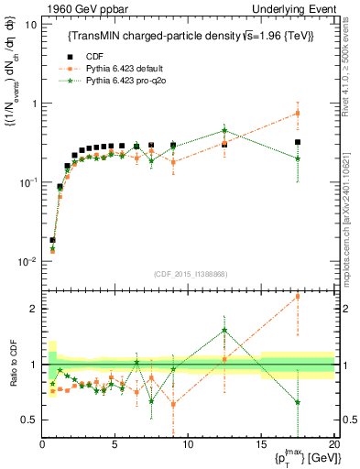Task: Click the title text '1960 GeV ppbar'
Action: [76, 8]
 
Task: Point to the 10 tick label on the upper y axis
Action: [31, 25]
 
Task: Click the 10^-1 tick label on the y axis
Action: [28, 183]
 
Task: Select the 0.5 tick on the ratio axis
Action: [29, 420]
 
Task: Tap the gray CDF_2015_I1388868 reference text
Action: [188, 275]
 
